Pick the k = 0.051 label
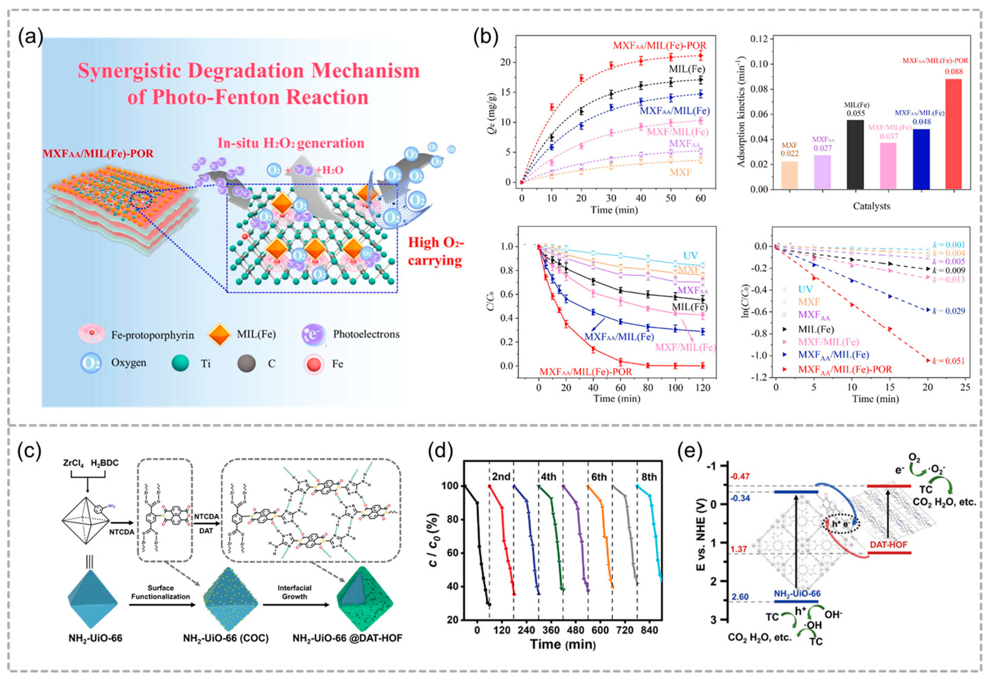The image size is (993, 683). click(948, 361)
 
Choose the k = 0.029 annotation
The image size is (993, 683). click(948, 311)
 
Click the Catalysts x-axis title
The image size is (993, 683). click(871, 206)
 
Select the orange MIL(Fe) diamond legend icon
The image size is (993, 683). click(219, 334)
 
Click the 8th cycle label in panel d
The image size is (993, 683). click(649, 477)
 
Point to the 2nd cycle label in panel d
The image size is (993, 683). click(501, 477)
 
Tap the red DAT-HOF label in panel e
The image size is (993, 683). click(888, 545)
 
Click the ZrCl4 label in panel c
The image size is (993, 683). click(74, 463)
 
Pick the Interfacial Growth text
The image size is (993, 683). click(294, 592)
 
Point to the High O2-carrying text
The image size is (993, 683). click(435, 251)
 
